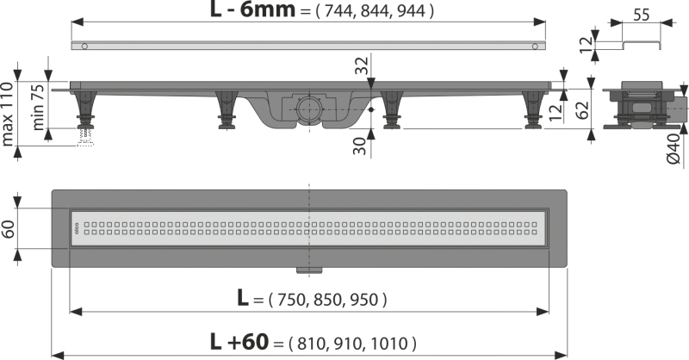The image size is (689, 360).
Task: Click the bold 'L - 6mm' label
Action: coord(252,9)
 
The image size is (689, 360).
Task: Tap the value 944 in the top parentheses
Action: coord(412,11)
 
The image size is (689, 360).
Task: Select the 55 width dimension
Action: coord(642,15)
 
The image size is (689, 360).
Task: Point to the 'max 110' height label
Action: coord(8,114)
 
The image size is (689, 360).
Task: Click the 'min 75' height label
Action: coord(38,107)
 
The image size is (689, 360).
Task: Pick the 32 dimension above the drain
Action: coord(361,66)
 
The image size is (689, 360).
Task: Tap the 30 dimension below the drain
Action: coord(360,146)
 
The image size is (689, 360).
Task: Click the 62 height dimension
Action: coord(582,110)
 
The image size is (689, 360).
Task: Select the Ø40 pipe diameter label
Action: coord(674,148)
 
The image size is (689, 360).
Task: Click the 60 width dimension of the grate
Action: coord(9,228)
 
